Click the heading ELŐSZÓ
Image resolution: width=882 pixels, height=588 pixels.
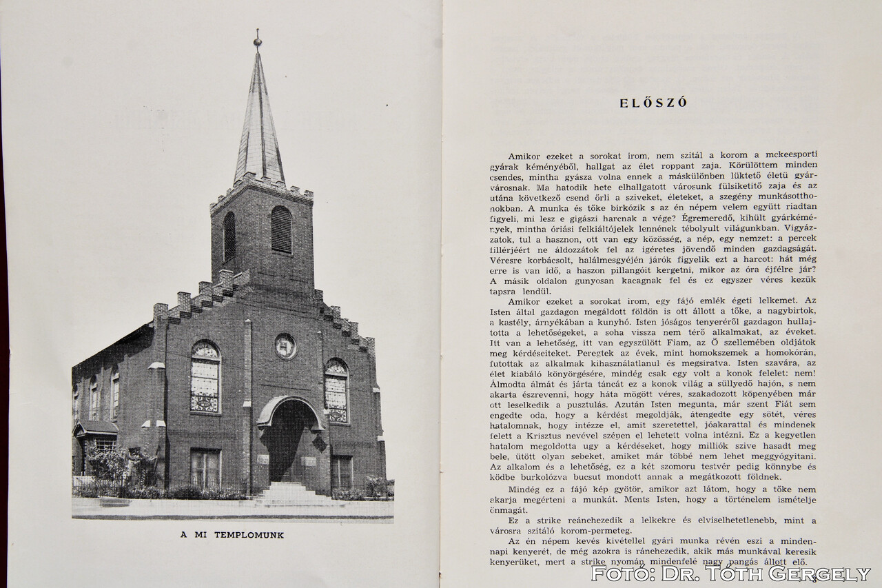tap(653, 103)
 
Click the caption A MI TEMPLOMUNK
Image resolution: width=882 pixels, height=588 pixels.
tap(232, 535)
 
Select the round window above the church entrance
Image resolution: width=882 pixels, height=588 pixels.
tap(285, 346)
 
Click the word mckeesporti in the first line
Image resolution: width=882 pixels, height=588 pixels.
tap(784, 155)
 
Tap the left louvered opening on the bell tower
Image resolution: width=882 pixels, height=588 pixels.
tap(229, 236)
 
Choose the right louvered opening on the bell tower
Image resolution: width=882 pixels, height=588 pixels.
tap(281, 230)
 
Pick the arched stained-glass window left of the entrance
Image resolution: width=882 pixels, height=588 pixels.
tap(205, 378)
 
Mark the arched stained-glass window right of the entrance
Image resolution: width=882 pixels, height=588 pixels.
tap(336, 390)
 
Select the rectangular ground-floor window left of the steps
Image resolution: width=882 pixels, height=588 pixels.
tap(205, 469)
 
